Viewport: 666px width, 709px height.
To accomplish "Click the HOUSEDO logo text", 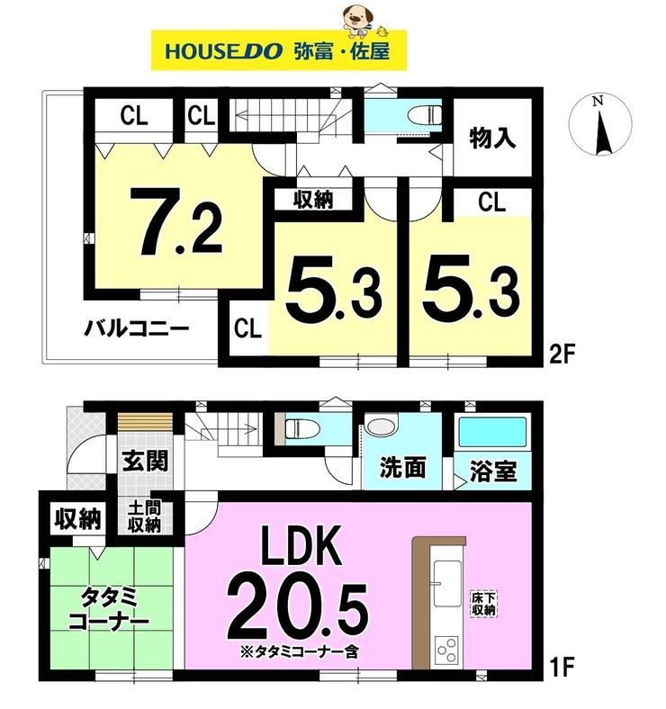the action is coord(223,51).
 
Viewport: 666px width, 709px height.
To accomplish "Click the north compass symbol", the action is coord(600,125).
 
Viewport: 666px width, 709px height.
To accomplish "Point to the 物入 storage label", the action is coord(492,138).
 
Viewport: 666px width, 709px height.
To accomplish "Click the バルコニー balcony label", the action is coord(136,328).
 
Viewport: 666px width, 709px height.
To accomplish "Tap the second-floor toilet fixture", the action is coord(425,115).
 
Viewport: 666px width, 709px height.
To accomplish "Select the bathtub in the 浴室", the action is coord(492,432).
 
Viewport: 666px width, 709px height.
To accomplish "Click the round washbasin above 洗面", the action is coord(381,427).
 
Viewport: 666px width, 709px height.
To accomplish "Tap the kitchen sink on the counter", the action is coord(447,584).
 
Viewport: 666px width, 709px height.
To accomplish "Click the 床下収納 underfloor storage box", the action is coord(484,604).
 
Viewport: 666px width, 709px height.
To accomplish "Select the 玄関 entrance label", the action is coord(145,461).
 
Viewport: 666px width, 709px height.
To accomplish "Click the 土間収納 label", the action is coord(144,516).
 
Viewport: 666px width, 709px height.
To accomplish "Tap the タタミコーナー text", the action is coord(109,609).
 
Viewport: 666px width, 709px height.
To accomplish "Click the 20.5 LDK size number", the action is coord(297,610).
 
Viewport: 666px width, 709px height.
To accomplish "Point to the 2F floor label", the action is coord(562,354).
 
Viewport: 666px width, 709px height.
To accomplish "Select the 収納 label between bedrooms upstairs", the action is coord(313,200).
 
